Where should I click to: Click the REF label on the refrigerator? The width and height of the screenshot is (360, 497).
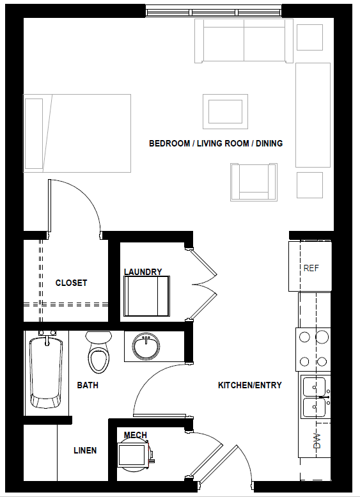click(311, 268)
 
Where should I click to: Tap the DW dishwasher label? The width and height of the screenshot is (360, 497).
click(317, 441)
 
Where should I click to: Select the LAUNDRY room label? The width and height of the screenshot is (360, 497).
click(143, 272)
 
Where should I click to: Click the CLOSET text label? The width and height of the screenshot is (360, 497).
click(71, 283)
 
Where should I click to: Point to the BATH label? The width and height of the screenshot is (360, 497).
click(88, 385)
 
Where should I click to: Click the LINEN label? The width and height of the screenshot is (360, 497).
click(84, 450)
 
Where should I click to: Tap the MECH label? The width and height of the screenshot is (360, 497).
click(135, 436)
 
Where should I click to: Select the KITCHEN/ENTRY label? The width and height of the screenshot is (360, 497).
click(250, 385)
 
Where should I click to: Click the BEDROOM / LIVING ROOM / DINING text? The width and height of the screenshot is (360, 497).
click(215, 143)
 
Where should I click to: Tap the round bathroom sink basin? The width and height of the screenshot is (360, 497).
click(146, 347)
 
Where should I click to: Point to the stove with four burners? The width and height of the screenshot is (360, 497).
click(313, 349)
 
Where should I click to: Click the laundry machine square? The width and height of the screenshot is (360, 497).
click(146, 296)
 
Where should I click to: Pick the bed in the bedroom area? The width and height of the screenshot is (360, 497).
click(77, 133)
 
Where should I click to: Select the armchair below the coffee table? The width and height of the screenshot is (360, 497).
click(254, 182)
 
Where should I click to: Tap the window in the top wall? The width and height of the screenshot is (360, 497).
click(213, 11)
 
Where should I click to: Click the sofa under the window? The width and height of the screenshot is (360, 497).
click(244, 41)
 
